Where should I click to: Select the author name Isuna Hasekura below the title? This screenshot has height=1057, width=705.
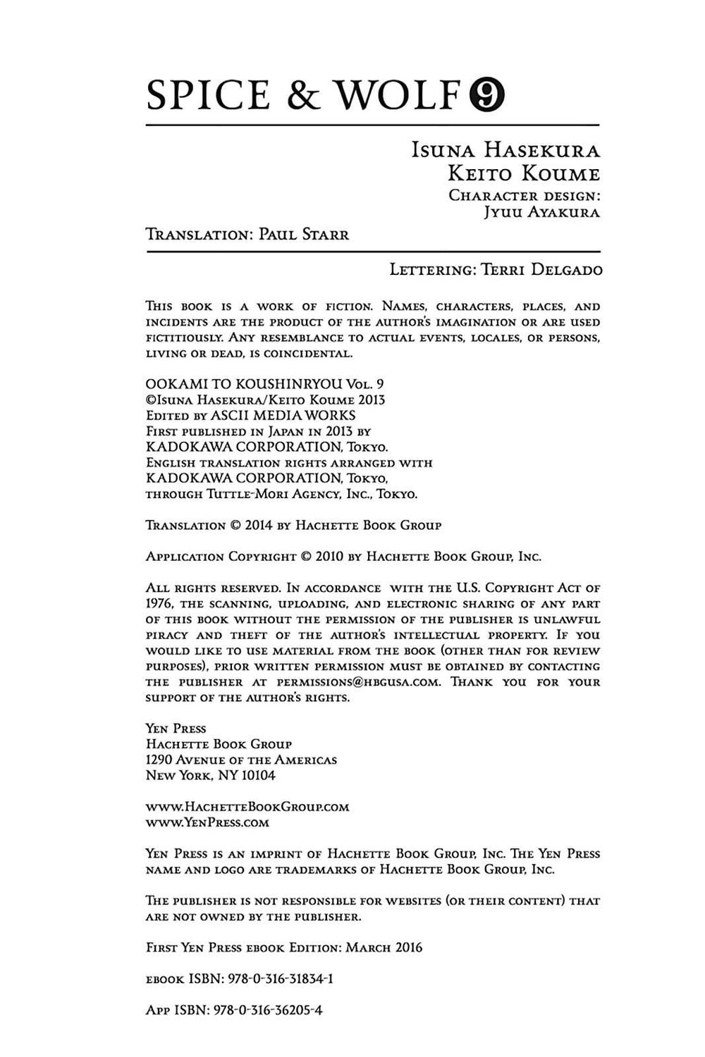[x=505, y=151]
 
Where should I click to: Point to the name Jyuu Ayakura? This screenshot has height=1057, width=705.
[x=541, y=212]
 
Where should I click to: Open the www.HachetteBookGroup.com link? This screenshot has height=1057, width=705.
[x=247, y=807]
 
